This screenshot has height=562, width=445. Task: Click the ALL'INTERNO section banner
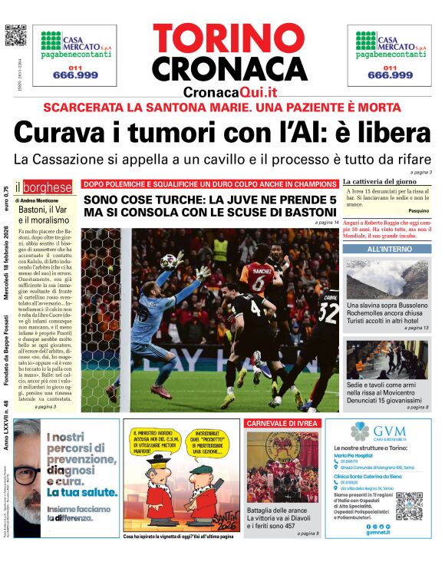click(x=387, y=250)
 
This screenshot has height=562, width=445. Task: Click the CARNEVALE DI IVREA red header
click(x=282, y=423)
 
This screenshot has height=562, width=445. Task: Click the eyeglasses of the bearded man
click(x=25, y=472)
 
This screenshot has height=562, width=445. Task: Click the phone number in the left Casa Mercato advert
click(x=78, y=74)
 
